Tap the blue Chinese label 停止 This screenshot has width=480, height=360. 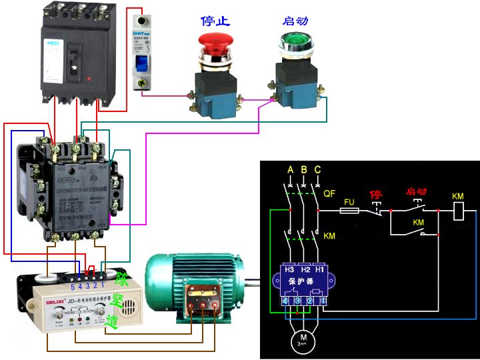(216, 21)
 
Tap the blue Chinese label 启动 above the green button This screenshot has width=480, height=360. (295, 21)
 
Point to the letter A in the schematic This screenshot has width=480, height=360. (290, 169)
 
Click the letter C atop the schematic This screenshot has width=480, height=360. (317, 169)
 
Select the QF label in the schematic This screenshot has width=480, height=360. (329, 193)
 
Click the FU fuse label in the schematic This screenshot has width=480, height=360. (349, 200)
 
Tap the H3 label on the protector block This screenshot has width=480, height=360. (289, 269)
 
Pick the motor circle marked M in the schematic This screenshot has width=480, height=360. (303, 341)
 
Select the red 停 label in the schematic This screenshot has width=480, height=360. (376, 195)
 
